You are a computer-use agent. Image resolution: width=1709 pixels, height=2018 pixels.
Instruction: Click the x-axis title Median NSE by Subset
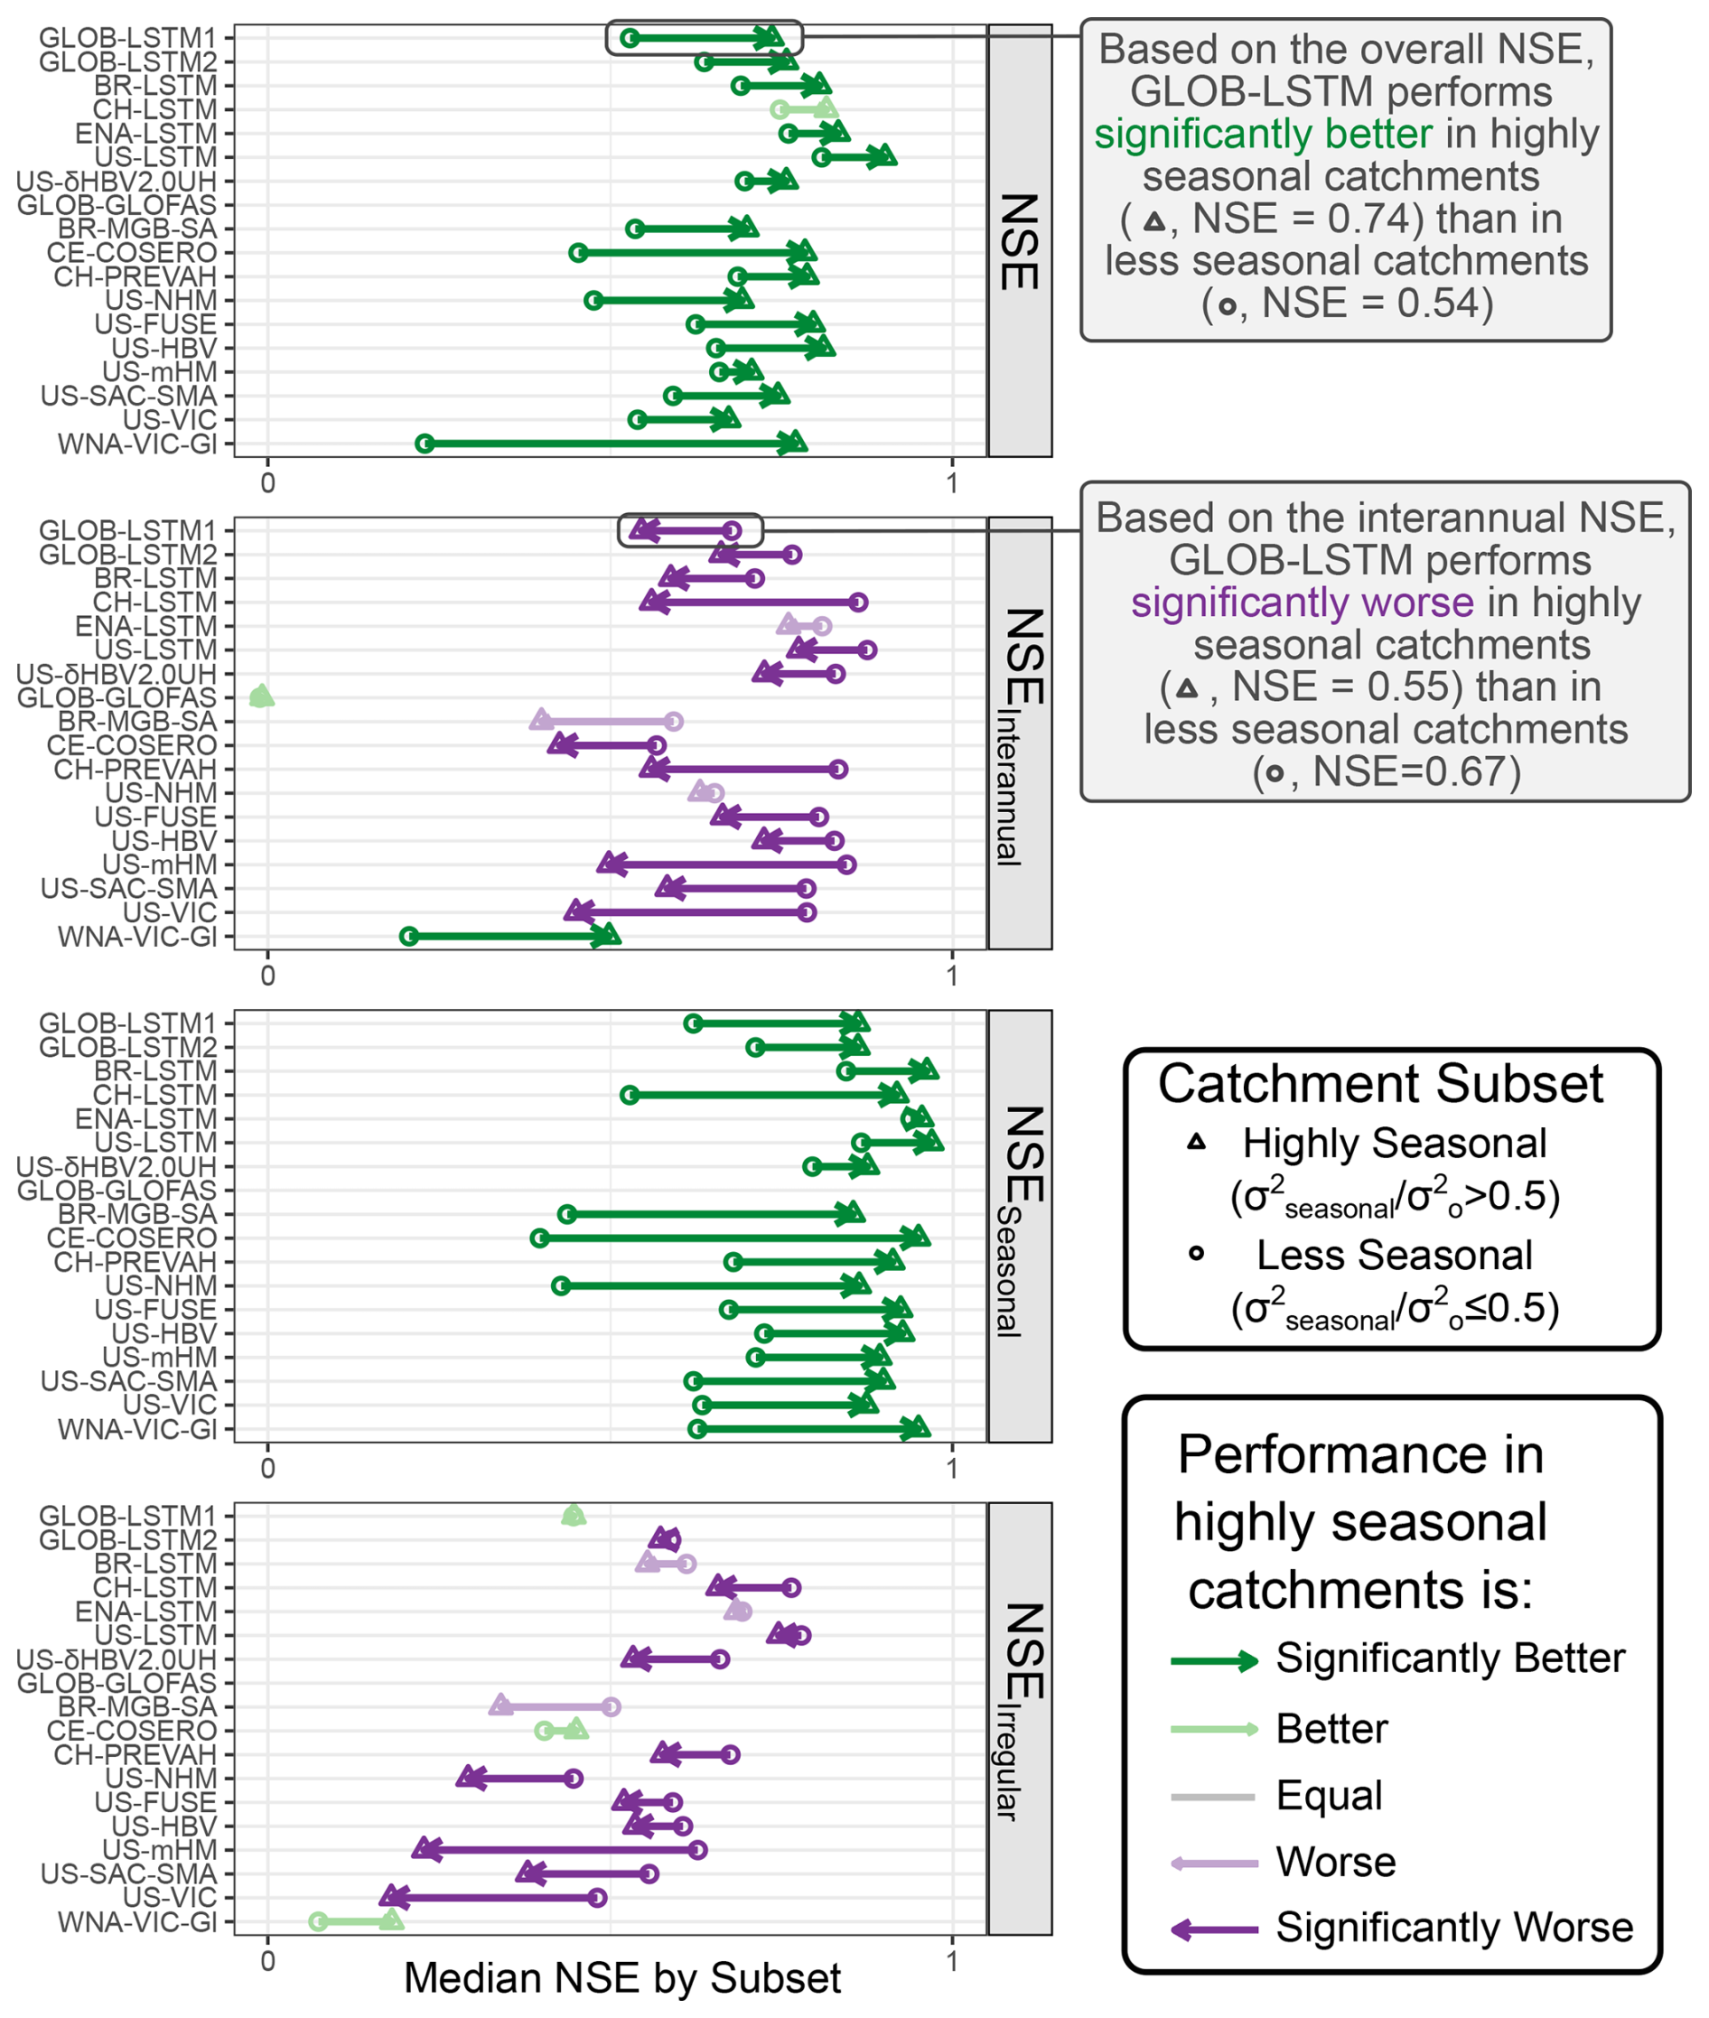(x=622, y=1978)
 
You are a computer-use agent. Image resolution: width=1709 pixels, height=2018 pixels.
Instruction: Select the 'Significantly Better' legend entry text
(x=1450, y=1658)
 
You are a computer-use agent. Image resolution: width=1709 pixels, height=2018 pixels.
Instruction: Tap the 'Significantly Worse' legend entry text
(x=1453, y=1927)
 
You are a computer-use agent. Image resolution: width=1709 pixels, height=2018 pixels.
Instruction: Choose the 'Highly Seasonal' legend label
(x=1394, y=1144)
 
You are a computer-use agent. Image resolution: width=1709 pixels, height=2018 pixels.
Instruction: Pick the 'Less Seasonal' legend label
(x=1394, y=1255)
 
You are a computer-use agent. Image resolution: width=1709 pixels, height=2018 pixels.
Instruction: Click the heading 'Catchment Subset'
(x=1380, y=1083)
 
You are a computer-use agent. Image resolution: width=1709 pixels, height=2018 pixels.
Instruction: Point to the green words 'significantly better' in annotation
(x=1263, y=134)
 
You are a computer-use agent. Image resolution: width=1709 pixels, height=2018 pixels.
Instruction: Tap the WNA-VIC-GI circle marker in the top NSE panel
(x=425, y=444)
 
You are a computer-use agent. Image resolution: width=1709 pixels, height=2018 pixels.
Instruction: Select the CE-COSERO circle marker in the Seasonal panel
(x=539, y=1238)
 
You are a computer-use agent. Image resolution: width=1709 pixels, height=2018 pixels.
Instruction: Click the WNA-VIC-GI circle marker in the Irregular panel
(x=318, y=1921)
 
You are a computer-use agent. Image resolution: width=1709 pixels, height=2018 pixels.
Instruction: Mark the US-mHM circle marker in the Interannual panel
(x=846, y=864)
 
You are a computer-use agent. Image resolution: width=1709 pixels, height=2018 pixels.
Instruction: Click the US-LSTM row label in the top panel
(x=156, y=157)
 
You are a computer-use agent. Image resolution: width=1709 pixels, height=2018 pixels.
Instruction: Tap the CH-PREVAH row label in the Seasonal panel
(x=135, y=1262)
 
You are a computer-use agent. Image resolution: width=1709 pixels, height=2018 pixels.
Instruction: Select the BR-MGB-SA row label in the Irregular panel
(x=137, y=1707)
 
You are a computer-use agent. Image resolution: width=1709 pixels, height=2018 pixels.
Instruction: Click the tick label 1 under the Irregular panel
(x=952, y=1961)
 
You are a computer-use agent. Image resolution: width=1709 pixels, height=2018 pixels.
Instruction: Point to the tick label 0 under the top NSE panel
(x=268, y=481)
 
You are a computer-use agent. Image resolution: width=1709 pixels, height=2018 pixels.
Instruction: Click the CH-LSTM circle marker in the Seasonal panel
(x=630, y=1095)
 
